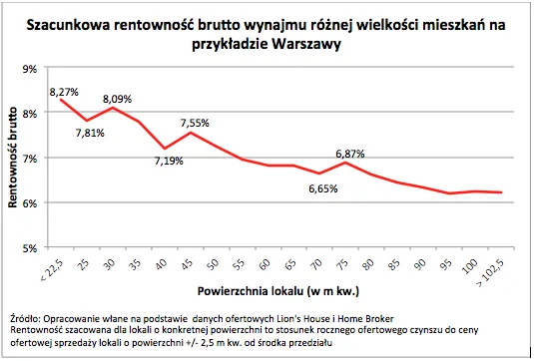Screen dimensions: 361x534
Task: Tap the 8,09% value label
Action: pos(116,99)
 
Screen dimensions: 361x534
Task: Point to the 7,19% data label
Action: pos(167,162)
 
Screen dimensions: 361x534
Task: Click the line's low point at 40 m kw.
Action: pos(164,149)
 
